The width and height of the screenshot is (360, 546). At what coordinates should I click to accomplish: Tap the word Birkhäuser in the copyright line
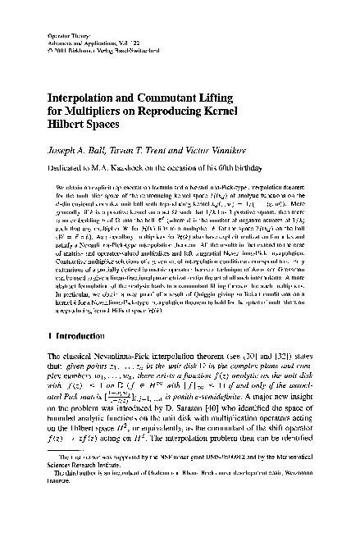coord(79,55)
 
